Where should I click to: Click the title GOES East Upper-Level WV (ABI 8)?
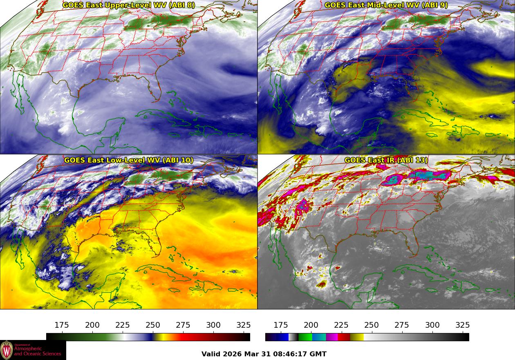pos(129,5)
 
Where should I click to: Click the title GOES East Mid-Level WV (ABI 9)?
pos(386,5)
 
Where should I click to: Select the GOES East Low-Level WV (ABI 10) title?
pos(129,160)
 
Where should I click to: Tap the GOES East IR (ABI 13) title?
pos(386,160)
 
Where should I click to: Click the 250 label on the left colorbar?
pos(152,325)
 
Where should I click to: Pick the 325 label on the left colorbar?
pos(243,325)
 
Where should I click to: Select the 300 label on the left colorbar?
pos(213,325)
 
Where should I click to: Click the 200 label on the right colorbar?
pos(311,325)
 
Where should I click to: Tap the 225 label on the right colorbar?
pos(341,325)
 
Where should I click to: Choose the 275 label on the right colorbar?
pos(401,325)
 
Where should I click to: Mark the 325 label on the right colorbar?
pos(462,325)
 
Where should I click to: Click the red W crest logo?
pos(7,350)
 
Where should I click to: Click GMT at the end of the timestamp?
pos(319,354)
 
